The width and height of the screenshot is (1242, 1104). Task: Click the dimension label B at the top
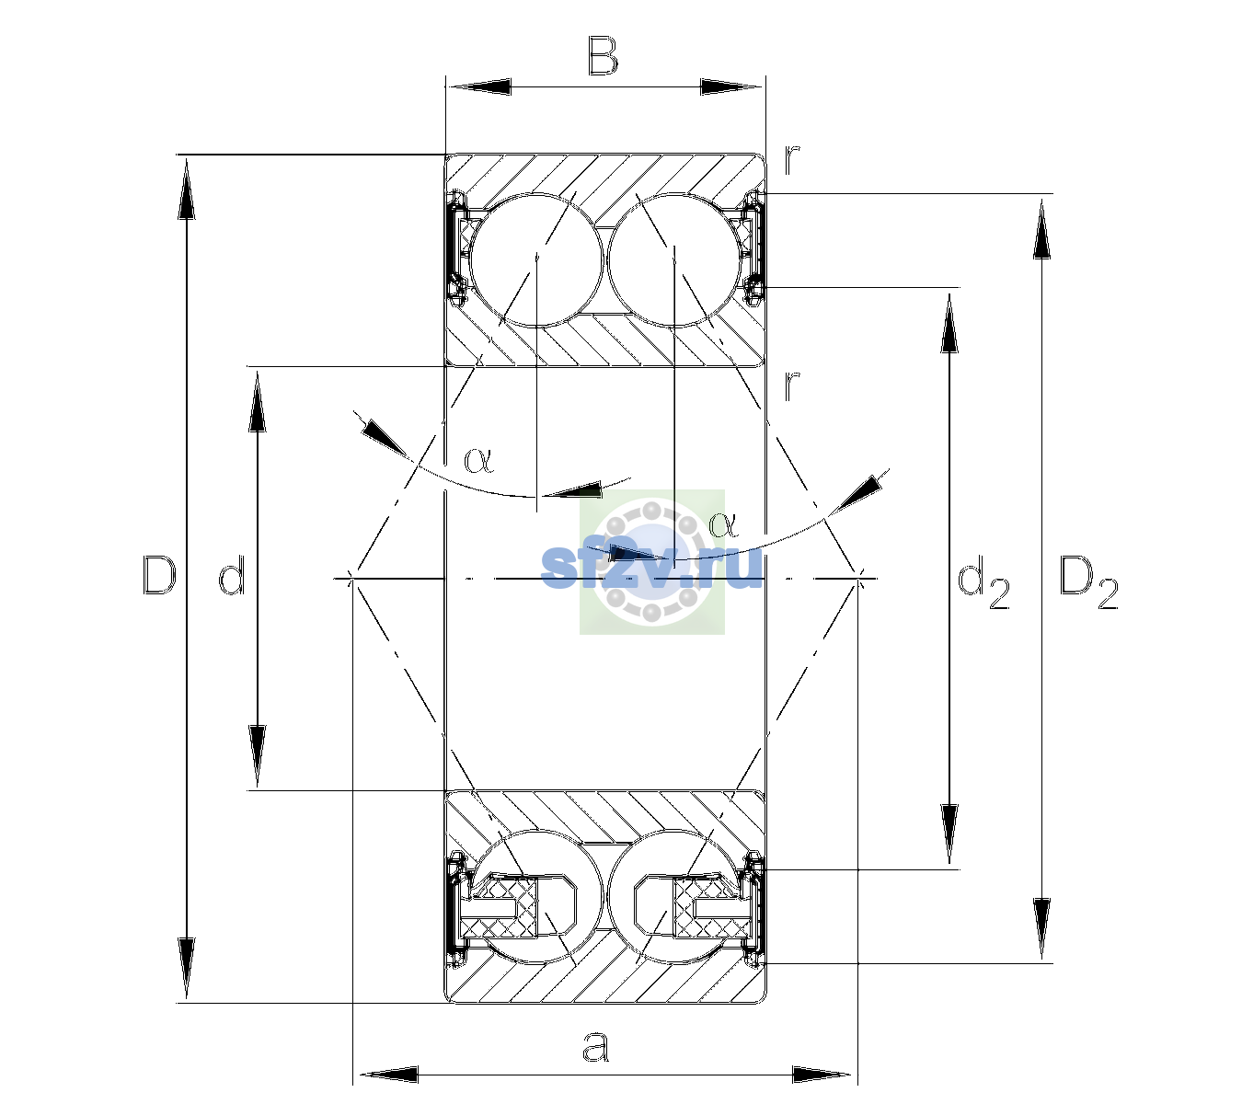coord(603,56)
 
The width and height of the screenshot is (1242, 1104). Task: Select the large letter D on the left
coord(159,575)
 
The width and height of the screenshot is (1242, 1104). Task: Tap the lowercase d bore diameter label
coord(232,575)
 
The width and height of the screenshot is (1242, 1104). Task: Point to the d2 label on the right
coord(983,582)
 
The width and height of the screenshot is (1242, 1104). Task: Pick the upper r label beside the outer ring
coord(791,161)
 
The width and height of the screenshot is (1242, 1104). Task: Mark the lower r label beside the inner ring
coord(791,385)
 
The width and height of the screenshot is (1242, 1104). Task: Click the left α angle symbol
coord(478,460)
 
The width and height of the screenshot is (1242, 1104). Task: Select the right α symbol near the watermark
coord(723,524)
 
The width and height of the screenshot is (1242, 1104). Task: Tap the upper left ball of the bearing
coord(537,260)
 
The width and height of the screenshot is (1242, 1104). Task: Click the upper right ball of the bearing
coord(674,260)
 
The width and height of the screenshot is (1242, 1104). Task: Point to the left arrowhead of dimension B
coord(478,87)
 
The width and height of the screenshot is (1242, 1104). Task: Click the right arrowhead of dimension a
coord(822,1075)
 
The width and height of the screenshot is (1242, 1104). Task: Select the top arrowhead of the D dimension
coord(187,187)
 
